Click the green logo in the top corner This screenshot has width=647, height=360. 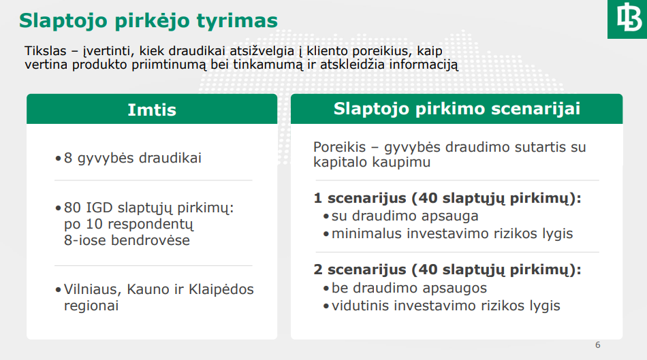(x=627, y=19)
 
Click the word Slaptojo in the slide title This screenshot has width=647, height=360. (x=63, y=21)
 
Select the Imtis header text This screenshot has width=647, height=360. (x=152, y=110)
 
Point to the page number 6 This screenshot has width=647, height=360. (x=597, y=345)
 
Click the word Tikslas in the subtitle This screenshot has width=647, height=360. (x=46, y=51)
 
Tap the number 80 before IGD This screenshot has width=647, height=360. (x=72, y=208)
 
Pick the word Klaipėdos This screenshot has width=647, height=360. (x=221, y=289)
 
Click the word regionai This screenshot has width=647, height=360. (x=91, y=306)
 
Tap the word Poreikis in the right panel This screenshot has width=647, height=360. (x=340, y=147)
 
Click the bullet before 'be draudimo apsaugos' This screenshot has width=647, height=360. (x=326, y=288)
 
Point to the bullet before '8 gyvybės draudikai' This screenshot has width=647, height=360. (x=58, y=159)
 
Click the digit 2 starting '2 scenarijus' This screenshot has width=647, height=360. (x=318, y=269)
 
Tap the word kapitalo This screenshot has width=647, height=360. (x=340, y=163)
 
